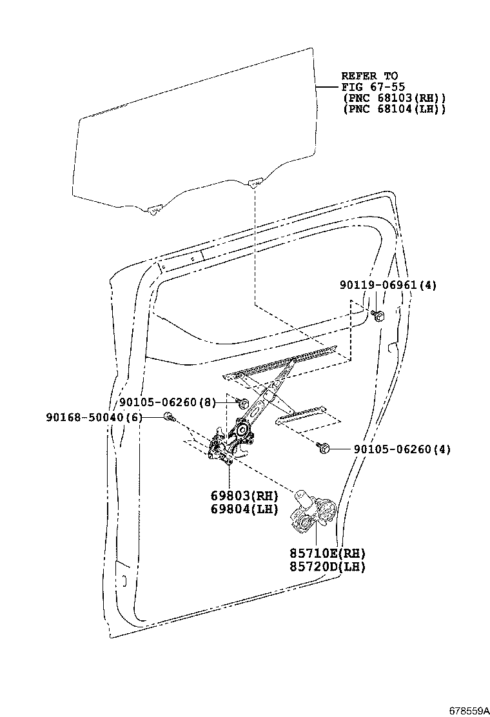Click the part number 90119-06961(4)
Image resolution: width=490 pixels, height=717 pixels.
click(x=388, y=285)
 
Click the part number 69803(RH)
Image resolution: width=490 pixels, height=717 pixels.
click(x=244, y=496)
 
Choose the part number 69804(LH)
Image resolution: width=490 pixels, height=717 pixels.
click(x=244, y=509)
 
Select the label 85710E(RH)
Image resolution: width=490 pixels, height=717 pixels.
click(x=328, y=553)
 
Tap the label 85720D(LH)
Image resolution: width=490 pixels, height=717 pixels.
click(x=328, y=567)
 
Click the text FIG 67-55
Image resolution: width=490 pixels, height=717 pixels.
click(x=370, y=87)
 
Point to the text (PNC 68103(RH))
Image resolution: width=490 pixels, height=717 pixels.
click(x=393, y=98)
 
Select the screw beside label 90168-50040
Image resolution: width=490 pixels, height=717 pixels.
click(x=168, y=417)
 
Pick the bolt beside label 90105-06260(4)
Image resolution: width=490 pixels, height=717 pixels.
click(x=323, y=447)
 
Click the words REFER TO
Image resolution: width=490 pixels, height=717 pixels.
click(x=369, y=76)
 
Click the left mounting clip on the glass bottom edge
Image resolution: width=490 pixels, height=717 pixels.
click(x=153, y=210)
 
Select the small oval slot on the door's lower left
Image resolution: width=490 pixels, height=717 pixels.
click(x=123, y=580)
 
